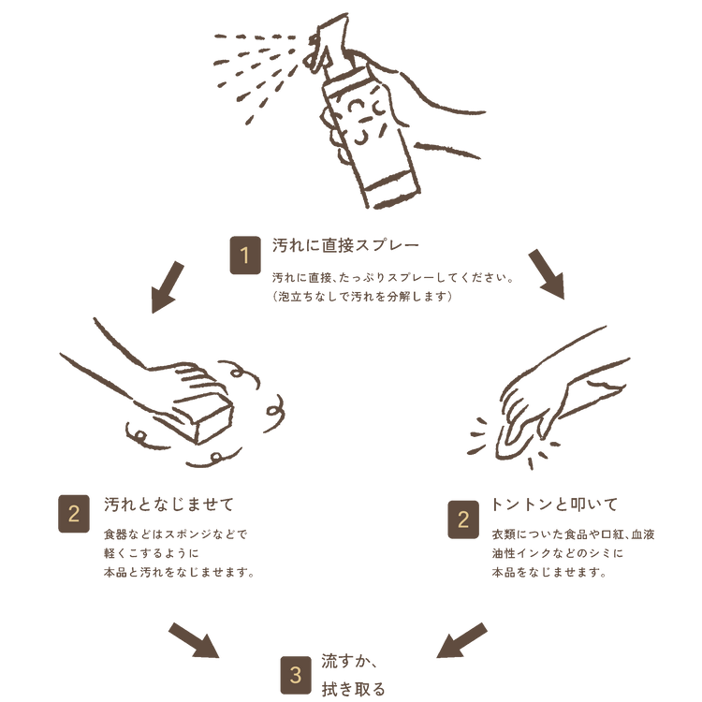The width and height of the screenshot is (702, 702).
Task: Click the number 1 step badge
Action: [245, 256]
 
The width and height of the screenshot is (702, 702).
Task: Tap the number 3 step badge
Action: [296, 675]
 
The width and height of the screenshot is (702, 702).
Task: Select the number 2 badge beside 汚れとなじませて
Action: [74, 514]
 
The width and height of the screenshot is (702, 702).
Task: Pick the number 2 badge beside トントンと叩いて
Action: [463, 519]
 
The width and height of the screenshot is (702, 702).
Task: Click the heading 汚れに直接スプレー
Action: [345, 245]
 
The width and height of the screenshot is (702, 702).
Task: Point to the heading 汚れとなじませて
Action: [168, 505]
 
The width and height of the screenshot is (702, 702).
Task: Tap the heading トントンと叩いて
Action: [554, 505]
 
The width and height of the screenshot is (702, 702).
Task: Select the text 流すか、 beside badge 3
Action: [350, 661]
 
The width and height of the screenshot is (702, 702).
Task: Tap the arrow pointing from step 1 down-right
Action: [548, 274]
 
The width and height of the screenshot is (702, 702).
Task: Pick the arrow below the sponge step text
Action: [194, 640]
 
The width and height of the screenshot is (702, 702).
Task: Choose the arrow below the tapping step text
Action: [461, 640]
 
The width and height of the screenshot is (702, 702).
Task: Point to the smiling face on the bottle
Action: [365, 120]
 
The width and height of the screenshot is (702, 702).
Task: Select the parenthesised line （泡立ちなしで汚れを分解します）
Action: [362, 297]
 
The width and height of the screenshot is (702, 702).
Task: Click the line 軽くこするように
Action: [152, 553]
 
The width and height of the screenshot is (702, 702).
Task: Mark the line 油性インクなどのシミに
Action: [558, 553]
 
